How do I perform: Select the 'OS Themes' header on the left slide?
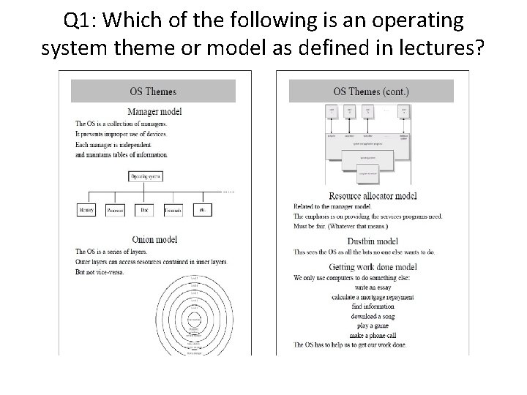pos(152,91)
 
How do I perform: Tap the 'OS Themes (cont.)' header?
pos(371,91)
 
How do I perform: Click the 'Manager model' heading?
pos(154,112)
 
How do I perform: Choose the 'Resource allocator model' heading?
pos(373,196)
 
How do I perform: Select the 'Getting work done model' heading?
pos(373,266)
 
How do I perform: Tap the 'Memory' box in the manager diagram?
pos(87,209)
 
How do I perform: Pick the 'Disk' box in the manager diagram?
pos(143,209)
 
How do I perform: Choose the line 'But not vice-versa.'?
pos(100,272)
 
